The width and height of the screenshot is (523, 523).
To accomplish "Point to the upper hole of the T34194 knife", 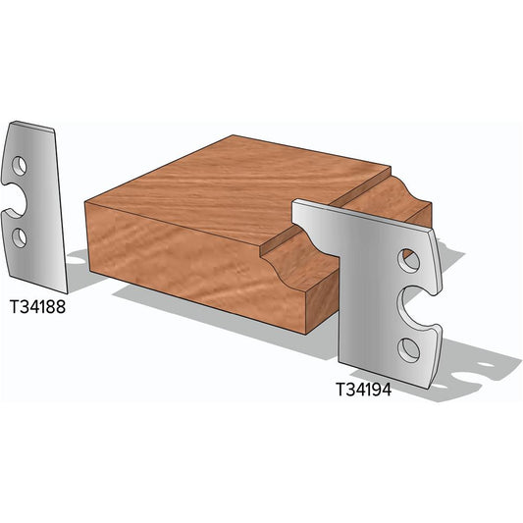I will point(410,260).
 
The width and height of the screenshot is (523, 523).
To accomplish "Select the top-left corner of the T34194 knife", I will point(295,201).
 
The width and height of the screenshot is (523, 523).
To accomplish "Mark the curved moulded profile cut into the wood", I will point(294,250).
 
